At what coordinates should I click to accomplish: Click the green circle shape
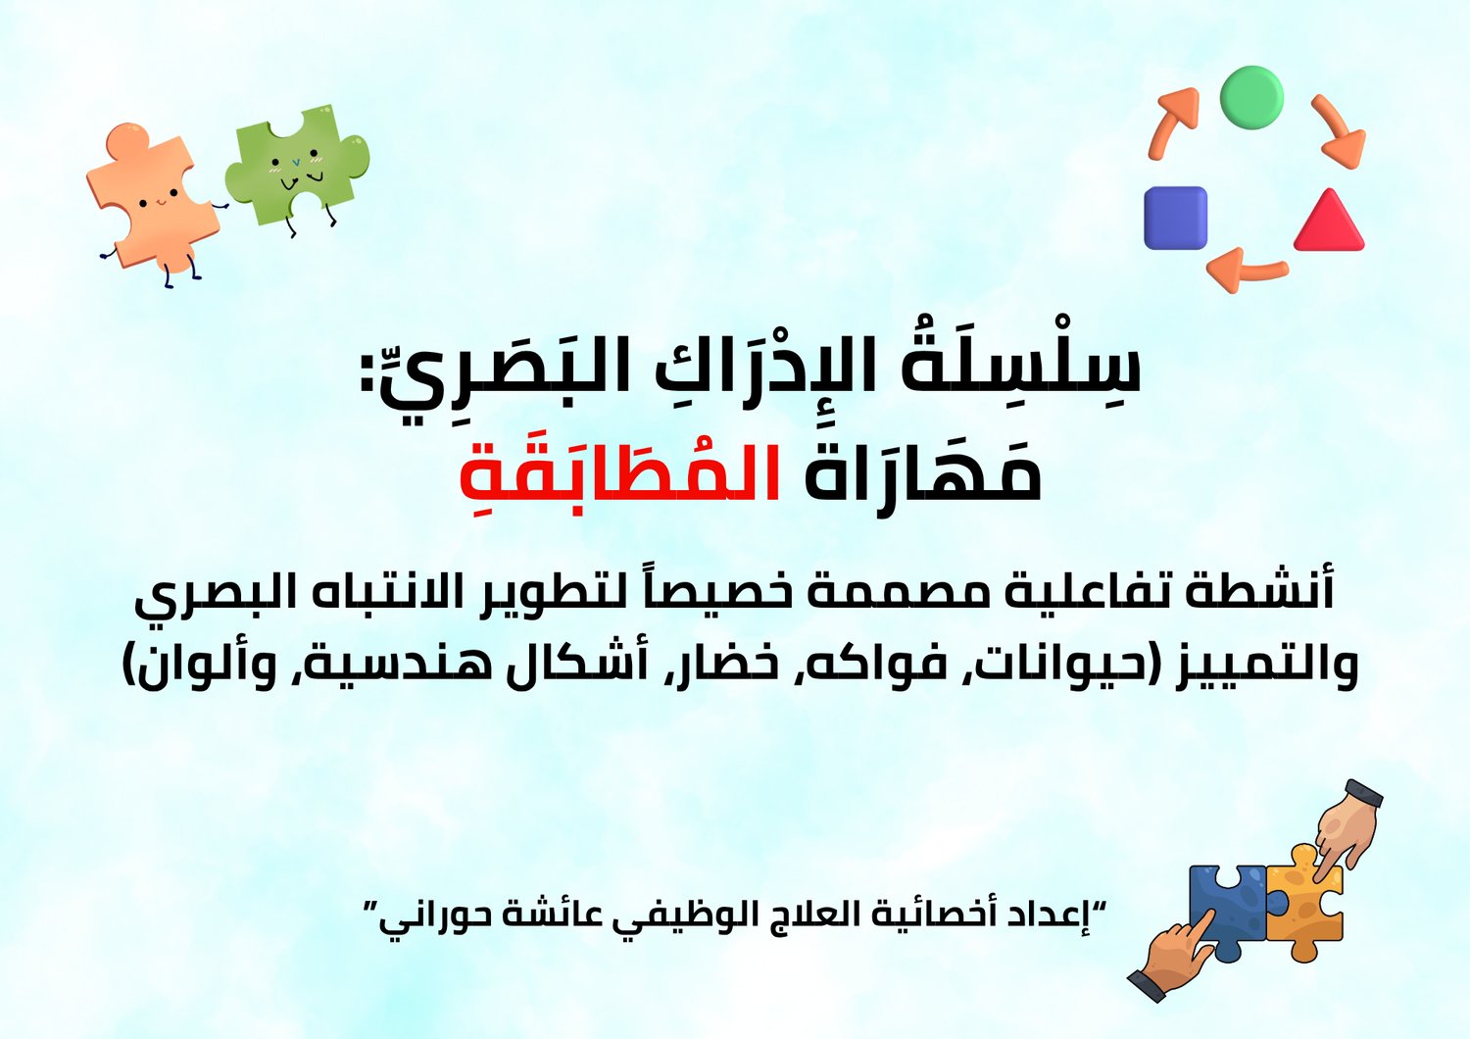click(1251, 97)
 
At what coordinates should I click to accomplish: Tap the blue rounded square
click(1175, 218)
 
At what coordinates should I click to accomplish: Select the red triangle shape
click(1330, 221)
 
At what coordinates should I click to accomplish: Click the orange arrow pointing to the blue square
click(1246, 269)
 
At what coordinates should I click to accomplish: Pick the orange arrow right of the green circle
click(1339, 130)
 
